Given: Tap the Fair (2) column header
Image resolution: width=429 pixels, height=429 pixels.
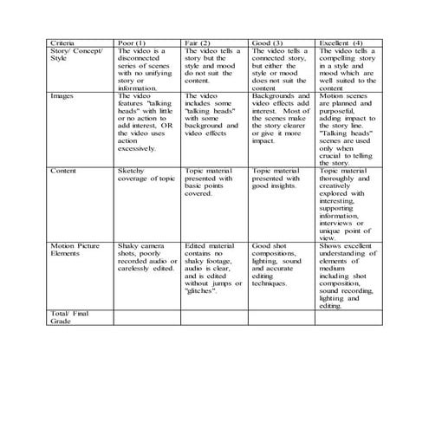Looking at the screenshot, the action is coord(198,42).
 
